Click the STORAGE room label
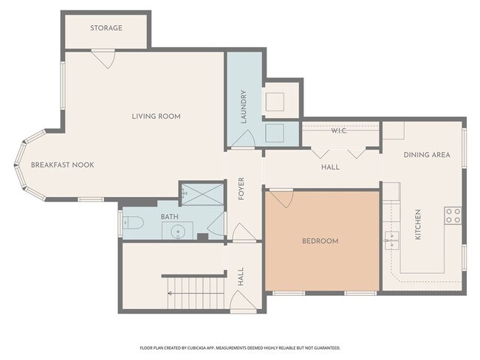pos(106,28)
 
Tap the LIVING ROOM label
pos(156,117)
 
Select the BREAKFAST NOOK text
pos(63,165)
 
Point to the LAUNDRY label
pos(244,107)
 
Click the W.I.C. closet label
pos(339,131)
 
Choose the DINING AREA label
pos(427,155)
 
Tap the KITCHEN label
pos(417,224)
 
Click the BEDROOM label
pos(320,241)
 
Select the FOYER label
pos(241,189)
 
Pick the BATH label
pos(170,217)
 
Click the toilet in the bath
pos(133,223)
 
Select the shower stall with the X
pos(202,194)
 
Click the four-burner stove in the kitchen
pos(453,215)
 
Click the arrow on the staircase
pos(196,294)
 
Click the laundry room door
pos(244,139)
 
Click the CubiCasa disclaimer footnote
pos(240,348)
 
